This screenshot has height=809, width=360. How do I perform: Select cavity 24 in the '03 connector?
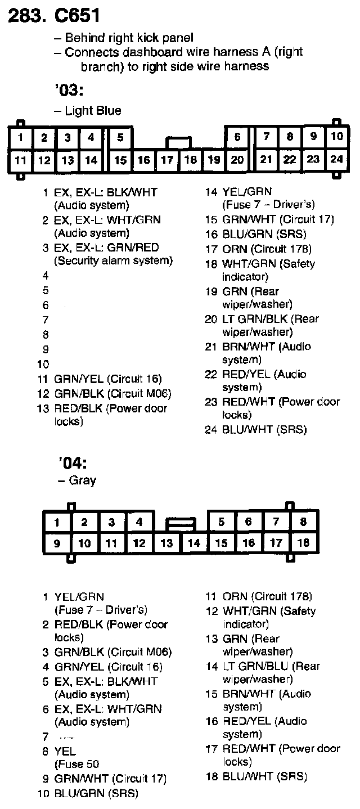pos(336,159)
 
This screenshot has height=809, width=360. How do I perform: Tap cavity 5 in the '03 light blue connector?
pos(120,137)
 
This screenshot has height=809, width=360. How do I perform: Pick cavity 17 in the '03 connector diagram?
pos(167,160)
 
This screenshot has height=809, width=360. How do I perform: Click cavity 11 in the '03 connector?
pos(20,160)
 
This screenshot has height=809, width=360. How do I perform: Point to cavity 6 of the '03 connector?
pos(237,137)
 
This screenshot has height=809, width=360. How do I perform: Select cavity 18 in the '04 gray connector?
pos(303,542)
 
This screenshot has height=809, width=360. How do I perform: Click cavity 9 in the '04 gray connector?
pos(56,543)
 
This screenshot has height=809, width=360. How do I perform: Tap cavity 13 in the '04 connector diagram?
pos(166,543)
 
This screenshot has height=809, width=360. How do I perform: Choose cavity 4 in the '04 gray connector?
pos(139,522)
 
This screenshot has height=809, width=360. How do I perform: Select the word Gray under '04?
pos(82,480)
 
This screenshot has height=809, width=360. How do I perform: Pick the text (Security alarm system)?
pos(113,261)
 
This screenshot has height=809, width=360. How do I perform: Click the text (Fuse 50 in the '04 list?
pos(76,765)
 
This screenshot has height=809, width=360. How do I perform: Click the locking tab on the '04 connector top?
pos(180,524)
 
